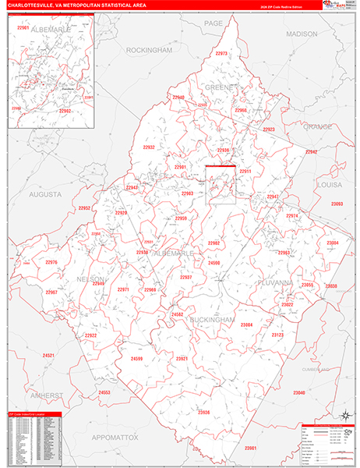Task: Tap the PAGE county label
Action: pyautogui.click(x=214, y=24)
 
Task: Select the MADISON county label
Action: pyautogui.click(x=302, y=34)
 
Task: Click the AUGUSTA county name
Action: pyautogui.click(x=46, y=193)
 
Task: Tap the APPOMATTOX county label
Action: pyautogui.click(x=111, y=438)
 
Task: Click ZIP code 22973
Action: pyautogui.click(x=221, y=54)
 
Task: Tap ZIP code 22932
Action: pyautogui.click(x=149, y=147)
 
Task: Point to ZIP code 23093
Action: pyautogui.click(x=337, y=204)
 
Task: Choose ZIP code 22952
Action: pyautogui.click(x=84, y=208)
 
